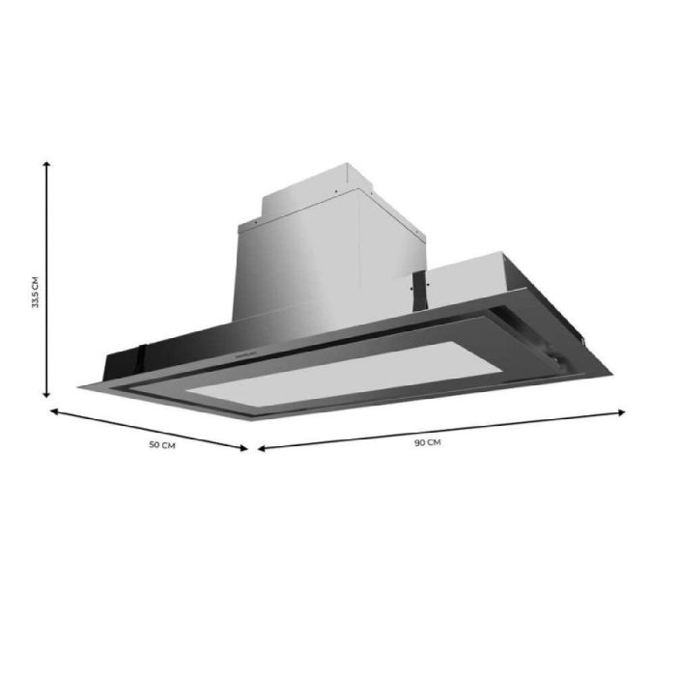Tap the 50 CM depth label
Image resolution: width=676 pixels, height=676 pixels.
[161, 445]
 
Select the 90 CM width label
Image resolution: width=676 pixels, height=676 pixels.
[427, 442]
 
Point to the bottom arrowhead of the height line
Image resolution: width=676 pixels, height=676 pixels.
[46, 390]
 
